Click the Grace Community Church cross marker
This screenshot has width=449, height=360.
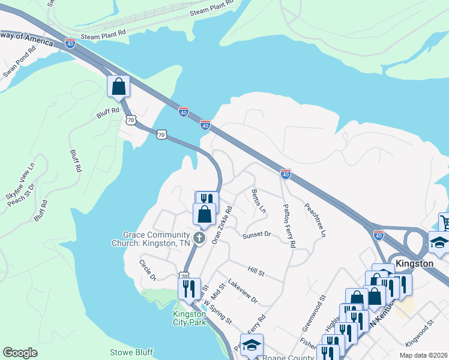point(199,239)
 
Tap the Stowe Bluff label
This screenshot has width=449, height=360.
point(131,352)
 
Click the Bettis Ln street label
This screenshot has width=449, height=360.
point(259,200)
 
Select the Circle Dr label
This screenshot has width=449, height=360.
point(148,270)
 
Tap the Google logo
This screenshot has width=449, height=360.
point(20,353)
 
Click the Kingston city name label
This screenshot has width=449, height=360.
point(414,264)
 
